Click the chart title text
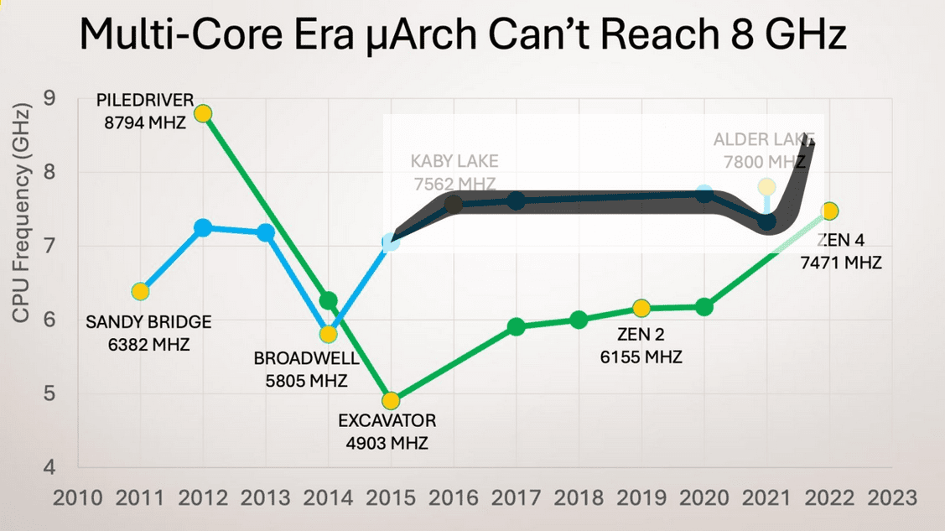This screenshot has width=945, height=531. (x=462, y=36)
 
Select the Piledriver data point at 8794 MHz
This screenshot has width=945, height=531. (x=202, y=113)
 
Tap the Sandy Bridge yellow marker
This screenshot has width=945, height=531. (x=140, y=291)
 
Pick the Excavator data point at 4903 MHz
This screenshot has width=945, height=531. (x=390, y=400)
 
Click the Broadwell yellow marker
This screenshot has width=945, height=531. (x=328, y=334)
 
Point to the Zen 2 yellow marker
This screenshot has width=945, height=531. (x=641, y=308)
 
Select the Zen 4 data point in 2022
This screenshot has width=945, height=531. (x=829, y=211)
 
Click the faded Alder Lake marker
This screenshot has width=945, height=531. (x=766, y=186)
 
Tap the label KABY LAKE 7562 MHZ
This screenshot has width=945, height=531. (x=454, y=172)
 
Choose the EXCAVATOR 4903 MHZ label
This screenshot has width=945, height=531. (x=387, y=431)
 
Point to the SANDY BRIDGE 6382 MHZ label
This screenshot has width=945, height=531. (x=149, y=333)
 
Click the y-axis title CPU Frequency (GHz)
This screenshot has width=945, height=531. (x=22, y=214)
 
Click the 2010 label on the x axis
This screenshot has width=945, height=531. (x=77, y=497)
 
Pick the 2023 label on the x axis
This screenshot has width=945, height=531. (x=891, y=497)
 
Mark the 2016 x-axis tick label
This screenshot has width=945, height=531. (x=454, y=497)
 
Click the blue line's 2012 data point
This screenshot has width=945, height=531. (x=203, y=227)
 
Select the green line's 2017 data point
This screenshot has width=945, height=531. (x=517, y=326)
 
